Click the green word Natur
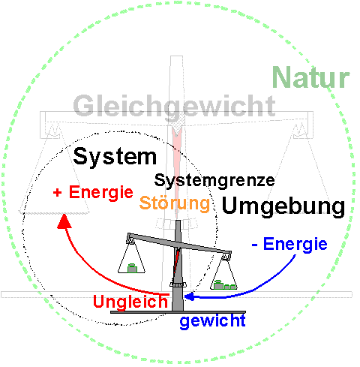coord(311,77)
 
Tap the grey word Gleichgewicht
coord(175,107)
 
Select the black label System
coord(115,157)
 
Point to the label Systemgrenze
coord(214,181)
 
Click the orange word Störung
coord(175,203)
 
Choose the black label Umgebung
coord(283,206)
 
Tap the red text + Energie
coord(93,193)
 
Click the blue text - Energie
coord(289,244)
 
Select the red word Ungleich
coord(130,302)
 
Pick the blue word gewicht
coord(213,321)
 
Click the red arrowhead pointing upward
coord(64,221)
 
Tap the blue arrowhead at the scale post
coord(189,296)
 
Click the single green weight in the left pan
coord(132,268)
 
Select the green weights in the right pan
coord(224,284)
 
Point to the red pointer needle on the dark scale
coord(177,260)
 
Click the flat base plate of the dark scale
coord(178,312)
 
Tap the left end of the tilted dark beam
coord(129,236)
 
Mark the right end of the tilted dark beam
coord(229,253)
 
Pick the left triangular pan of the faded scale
coord(55,212)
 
